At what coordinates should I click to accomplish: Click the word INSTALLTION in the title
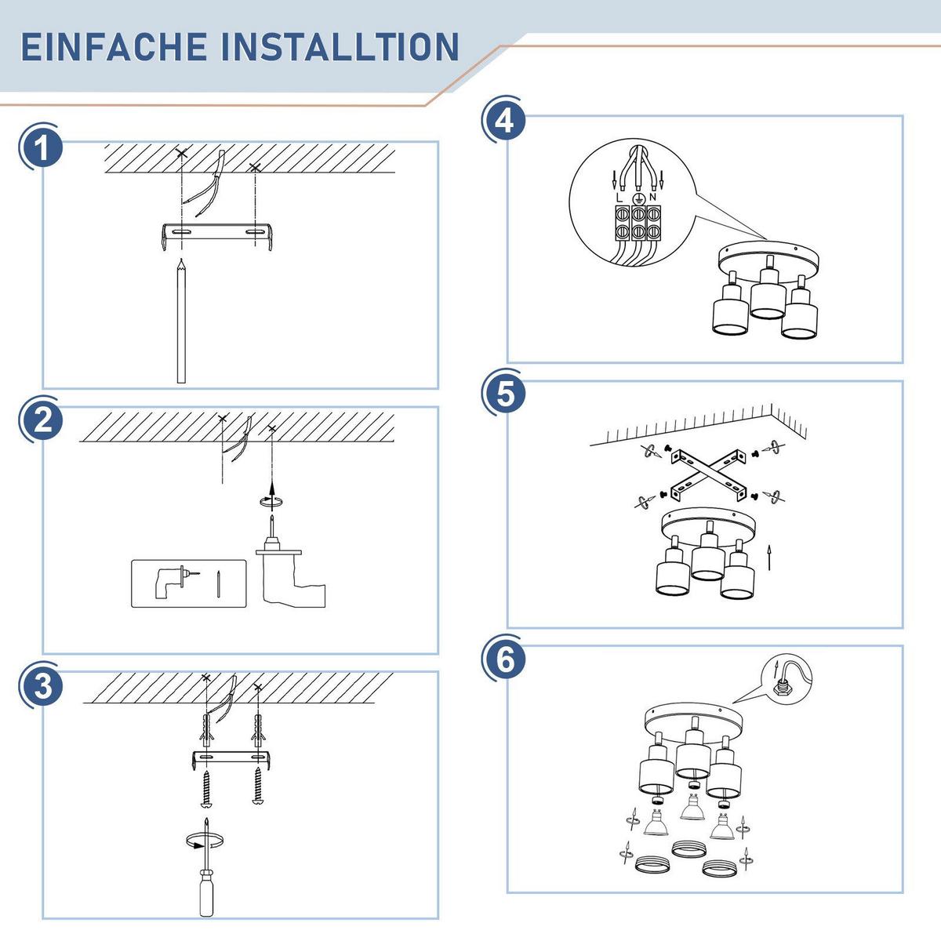tap(340, 47)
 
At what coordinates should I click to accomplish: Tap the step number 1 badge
tap(42, 147)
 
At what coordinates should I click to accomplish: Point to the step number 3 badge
tap(42, 685)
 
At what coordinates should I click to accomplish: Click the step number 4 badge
tap(505, 121)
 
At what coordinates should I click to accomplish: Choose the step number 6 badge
tap(505, 659)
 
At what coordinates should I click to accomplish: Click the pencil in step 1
tap(181, 322)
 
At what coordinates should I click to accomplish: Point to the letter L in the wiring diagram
tap(619, 198)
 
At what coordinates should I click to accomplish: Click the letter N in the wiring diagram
tap(652, 198)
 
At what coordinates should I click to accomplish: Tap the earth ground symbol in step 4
tap(637, 198)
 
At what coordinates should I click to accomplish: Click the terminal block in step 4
tap(636, 223)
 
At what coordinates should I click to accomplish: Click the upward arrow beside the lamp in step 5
tap(769, 558)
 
